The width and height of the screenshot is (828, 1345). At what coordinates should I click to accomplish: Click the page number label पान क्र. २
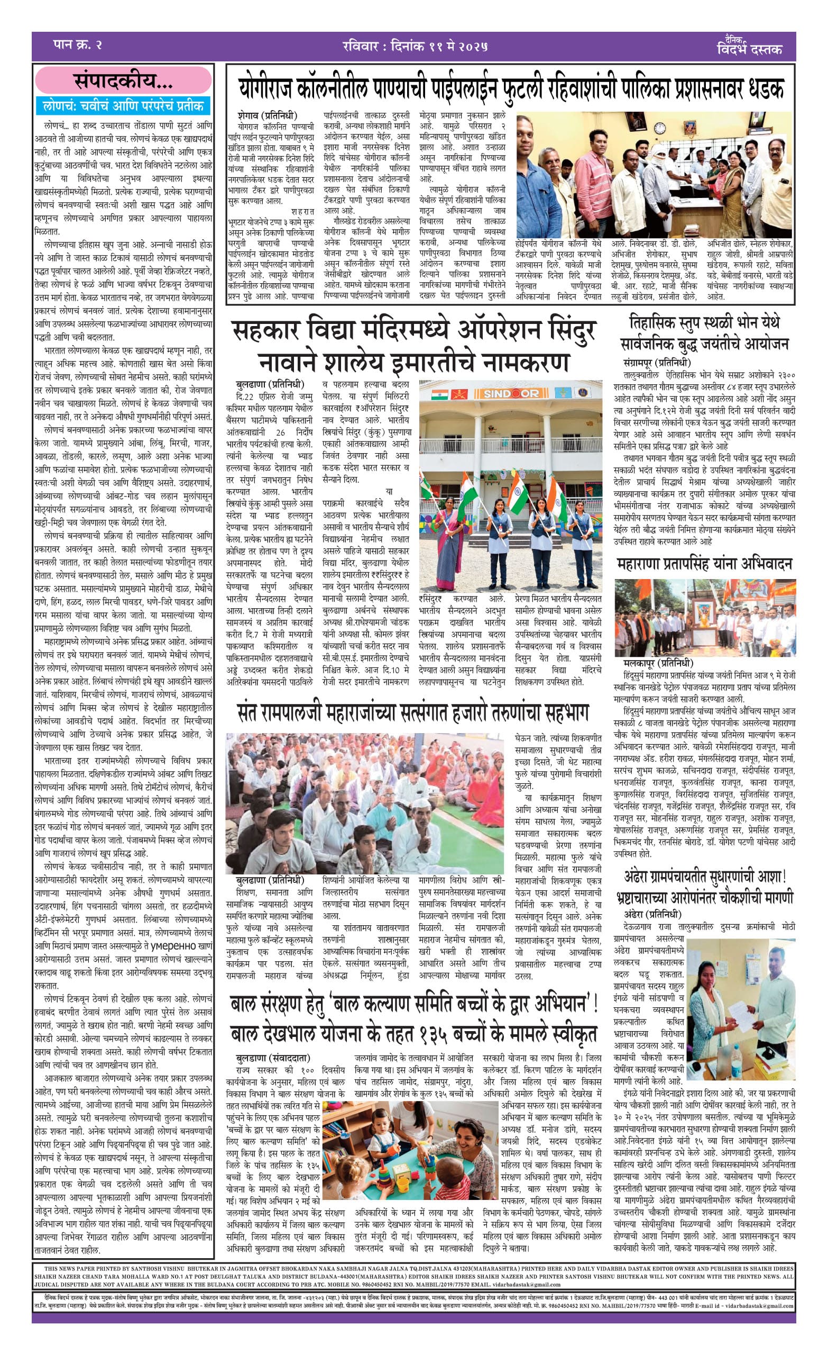78,45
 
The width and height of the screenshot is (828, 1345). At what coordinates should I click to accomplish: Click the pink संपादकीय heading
123,82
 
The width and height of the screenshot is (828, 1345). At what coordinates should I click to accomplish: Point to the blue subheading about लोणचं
124,105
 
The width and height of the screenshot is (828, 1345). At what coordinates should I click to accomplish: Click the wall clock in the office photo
659,128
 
